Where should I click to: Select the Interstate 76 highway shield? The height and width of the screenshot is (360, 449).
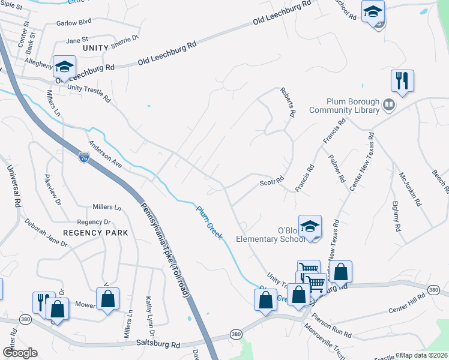(84, 157)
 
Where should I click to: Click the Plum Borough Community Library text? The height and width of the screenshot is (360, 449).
(345, 106)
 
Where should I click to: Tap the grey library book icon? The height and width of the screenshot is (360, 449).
(389, 106)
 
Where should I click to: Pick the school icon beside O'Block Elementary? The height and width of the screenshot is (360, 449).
(310, 226)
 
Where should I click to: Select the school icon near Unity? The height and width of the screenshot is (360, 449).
(64, 67)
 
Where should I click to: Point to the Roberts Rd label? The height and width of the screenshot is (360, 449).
(288, 102)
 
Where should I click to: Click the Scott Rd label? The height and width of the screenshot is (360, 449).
(271, 182)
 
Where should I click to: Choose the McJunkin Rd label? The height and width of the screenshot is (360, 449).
(409, 189)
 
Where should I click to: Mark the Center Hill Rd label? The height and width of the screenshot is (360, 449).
(406, 304)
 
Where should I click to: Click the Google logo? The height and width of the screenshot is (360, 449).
(19, 353)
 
